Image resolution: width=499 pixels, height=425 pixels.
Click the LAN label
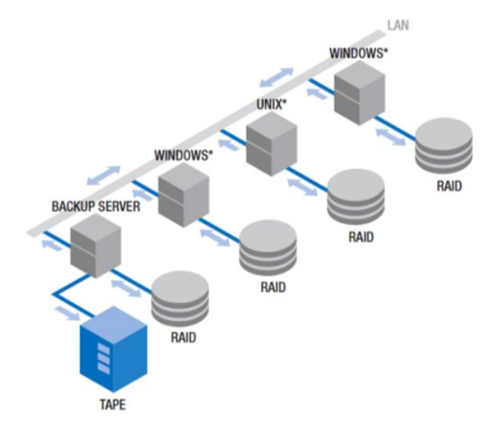pyautogui.click(x=398, y=25)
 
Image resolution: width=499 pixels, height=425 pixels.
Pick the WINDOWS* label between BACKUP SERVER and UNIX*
pyautogui.click(x=183, y=155)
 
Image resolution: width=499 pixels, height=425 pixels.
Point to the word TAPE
pyautogui.click(x=114, y=403)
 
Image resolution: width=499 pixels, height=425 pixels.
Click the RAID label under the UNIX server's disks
pyautogui.click(x=361, y=237)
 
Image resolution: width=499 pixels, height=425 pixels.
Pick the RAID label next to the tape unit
pyautogui.click(x=183, y=338)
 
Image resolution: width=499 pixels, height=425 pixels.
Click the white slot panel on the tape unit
pyautogui.click(x=102, y=358)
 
